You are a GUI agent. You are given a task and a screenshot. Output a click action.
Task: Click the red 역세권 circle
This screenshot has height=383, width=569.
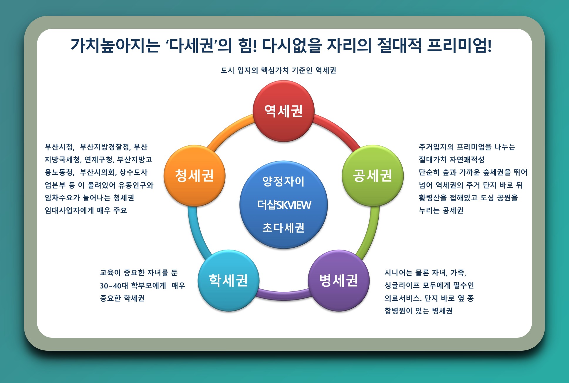283,111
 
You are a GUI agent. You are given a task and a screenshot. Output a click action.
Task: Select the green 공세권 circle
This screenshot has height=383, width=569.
372,176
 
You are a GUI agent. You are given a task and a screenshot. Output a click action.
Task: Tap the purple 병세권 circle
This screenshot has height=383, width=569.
338,280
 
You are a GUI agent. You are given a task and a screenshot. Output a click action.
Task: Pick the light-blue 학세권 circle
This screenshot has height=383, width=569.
228,280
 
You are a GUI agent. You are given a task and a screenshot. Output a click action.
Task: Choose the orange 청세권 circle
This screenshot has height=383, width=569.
194,176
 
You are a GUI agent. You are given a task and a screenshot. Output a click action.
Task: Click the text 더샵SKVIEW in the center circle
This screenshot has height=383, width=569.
284,205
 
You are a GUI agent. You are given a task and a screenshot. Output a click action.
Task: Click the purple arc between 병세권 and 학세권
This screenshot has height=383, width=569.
283,295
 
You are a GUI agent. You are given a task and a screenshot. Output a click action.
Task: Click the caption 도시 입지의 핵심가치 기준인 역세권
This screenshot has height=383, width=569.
278,70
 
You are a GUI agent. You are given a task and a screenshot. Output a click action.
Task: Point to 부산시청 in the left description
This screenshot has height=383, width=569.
59,147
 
